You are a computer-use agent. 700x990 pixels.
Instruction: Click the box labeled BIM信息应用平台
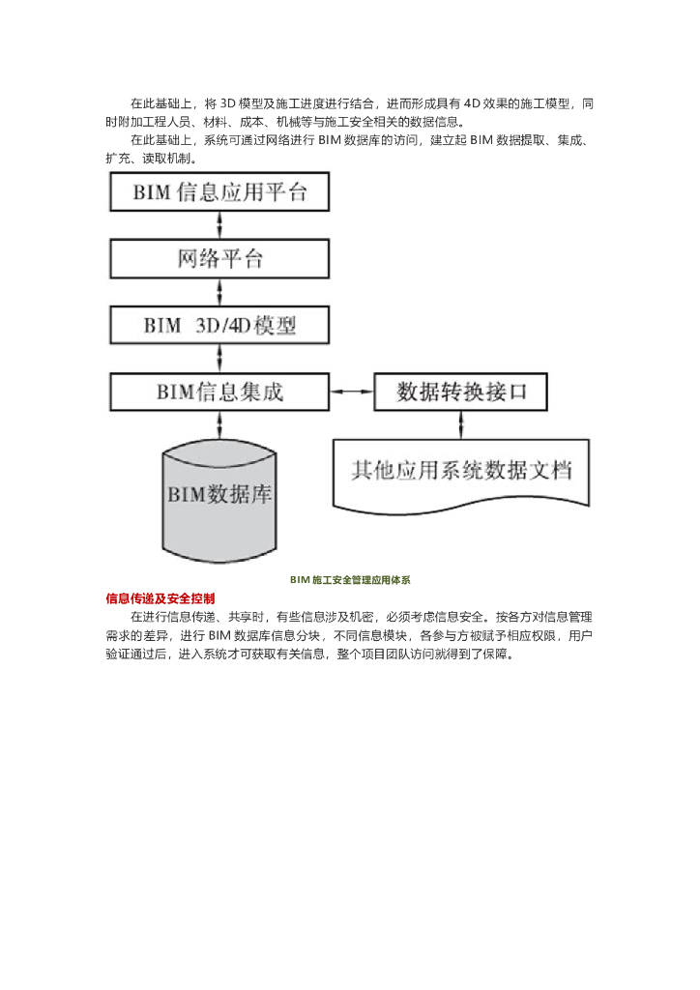(x=220, y=191)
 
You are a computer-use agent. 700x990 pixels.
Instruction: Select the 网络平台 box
(x=220, y=259)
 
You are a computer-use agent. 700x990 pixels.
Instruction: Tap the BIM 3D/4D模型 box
(x=220, y=325)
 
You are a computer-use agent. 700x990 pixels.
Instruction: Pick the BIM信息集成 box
(x=220, y=393)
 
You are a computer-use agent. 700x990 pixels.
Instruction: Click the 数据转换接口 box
(x=461, y=393)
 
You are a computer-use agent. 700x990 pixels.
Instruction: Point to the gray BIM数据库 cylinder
(x=220, y=494)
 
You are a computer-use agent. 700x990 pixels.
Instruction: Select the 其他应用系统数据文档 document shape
(x=461, y=472)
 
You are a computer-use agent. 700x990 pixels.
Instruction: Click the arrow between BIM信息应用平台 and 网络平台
(x=221, y=224)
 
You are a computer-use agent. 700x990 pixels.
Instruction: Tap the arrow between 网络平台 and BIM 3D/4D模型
(x=221, y=292)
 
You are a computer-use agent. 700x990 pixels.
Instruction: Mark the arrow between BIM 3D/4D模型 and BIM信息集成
(x=221, y=359)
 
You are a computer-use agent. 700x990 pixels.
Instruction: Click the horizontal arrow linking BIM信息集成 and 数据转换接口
(x=353, y=393)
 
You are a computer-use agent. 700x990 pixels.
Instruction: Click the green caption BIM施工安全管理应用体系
(x=350, y=580)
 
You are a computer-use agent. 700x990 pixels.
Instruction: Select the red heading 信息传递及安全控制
(x=160, y=598)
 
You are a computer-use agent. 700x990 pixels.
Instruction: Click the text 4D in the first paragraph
(x=473, y=103)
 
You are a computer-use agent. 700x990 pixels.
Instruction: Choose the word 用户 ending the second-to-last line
(x=579, y=635)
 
